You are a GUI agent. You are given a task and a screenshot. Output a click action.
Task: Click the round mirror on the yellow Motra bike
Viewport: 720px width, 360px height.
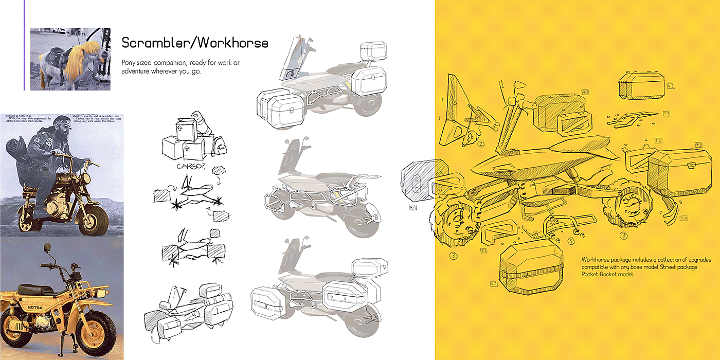click(48, 248)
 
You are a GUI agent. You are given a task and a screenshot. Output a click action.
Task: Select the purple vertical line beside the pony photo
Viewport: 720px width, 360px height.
click(24, 45)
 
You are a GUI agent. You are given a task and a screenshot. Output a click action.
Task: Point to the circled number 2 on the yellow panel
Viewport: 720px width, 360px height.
click(481, 143)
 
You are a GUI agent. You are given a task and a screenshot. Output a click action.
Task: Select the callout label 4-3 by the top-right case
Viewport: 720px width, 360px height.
click(671, 86)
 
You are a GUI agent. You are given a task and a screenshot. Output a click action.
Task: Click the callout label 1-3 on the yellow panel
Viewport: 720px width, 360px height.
click(666, 113)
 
